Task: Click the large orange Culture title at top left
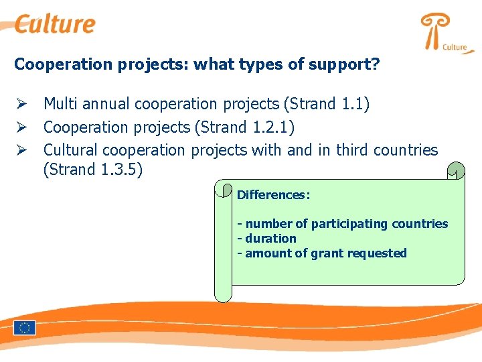tap(55, 24)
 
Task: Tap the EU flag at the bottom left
tap(25, 328)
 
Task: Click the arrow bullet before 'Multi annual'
tap(21, 104)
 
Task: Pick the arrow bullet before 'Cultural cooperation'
tap(21, 150)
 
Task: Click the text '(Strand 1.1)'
tap(327, 104)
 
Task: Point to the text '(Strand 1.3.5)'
tap(93, 170)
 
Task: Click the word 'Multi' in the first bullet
tap(59, 104)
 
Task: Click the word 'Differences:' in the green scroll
tap(273, 195)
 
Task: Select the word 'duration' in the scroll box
tap(270, 239)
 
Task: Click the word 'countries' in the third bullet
tap(408, 150)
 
